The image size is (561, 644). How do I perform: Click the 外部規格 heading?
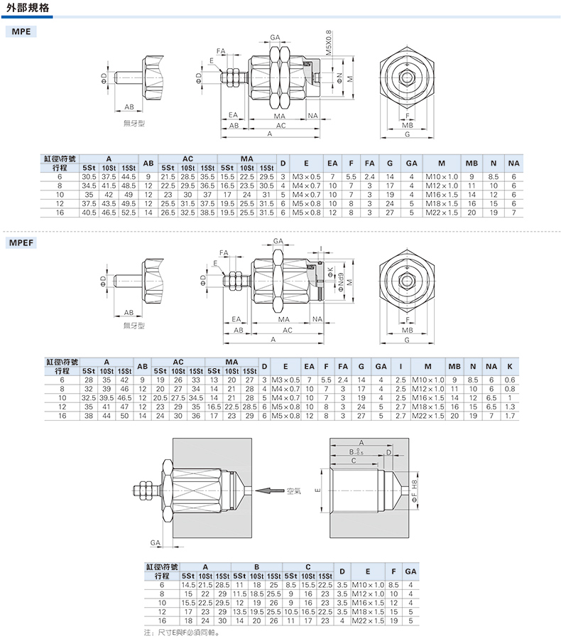coord(28,7)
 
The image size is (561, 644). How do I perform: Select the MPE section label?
coord(21,31)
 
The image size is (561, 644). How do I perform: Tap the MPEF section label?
coord(21,242)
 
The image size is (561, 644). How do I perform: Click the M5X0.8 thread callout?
coord(328,43)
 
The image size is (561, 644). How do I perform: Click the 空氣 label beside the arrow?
coord(294,490)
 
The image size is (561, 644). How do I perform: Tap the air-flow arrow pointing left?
coord(270,490)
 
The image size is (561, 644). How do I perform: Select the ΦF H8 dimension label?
coord(414,490)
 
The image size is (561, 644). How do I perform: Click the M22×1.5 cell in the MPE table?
coord(442,213)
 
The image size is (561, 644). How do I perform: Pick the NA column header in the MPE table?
coord(513,163)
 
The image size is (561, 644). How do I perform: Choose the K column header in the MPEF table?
coord(510,366)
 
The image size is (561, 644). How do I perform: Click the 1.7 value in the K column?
coord(510,416)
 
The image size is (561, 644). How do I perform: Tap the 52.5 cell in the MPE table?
coord(129,213)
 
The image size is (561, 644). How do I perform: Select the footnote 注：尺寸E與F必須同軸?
coord(181,633)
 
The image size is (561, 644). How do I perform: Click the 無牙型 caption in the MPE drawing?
coord(134,123)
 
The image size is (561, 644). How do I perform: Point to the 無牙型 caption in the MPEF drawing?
coord(134,326)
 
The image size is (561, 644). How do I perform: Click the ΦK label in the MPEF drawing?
coord(331,272)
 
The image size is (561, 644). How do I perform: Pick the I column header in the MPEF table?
coord(401,366)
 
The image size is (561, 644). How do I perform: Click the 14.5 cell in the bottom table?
coord(188,585)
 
